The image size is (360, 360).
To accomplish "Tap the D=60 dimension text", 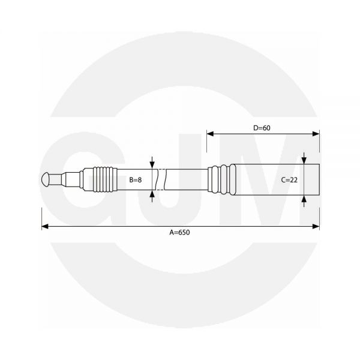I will pos(263,128).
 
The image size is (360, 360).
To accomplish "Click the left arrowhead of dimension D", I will pos(210,134).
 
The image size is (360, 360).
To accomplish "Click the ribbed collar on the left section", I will pos(102,179).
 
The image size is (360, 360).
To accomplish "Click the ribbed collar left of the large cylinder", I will pos(220,179).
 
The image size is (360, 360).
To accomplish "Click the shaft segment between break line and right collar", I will pos(186,179).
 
